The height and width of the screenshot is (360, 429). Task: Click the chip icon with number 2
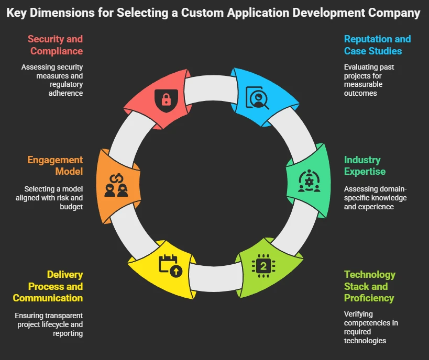click(x=263, y=266)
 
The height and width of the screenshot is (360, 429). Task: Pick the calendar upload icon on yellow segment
click(x=170, y=265)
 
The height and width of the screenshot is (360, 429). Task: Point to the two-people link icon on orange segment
click(x=116, y=183)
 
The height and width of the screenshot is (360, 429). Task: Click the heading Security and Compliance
click(x=56, y=45)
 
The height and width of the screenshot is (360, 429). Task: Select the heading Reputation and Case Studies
click(x=377, y=45)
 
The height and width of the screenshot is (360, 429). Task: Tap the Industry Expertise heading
click(x=365, y=166)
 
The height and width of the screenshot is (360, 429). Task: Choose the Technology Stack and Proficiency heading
click(x=369, y=286)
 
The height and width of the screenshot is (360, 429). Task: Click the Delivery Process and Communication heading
click(x=48, y=286)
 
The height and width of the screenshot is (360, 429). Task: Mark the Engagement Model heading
click(x=55, y=166)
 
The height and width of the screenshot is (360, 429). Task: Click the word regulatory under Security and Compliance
click(x=68, y=84)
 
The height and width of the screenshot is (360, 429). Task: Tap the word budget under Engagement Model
click(x=72, y=207)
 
